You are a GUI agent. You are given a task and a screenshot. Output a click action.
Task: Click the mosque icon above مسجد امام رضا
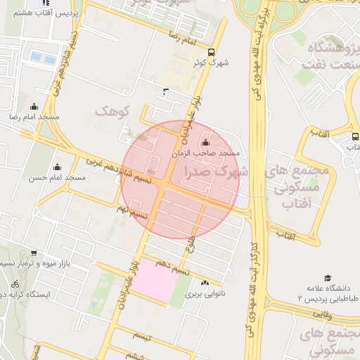click(x=34, y=107)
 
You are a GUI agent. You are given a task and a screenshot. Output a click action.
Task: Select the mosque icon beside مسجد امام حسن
click(x=56, y=167)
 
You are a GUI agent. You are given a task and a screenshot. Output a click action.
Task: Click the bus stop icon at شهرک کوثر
click(x=212, y=52)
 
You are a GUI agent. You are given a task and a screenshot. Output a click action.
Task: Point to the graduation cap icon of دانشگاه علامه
click(x=328, y=278)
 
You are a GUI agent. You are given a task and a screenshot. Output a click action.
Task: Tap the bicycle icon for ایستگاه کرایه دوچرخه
click(x=15, y=284)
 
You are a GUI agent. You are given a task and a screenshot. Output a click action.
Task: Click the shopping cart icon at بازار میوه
click(x=34, y=254)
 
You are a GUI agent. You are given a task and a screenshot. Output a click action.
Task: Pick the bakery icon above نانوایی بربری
click(x=205, y=283)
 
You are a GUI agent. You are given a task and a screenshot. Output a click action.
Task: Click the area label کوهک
click(x=114, y=112)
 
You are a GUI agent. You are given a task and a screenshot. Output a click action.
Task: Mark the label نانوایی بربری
click(x=205, y=295)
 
